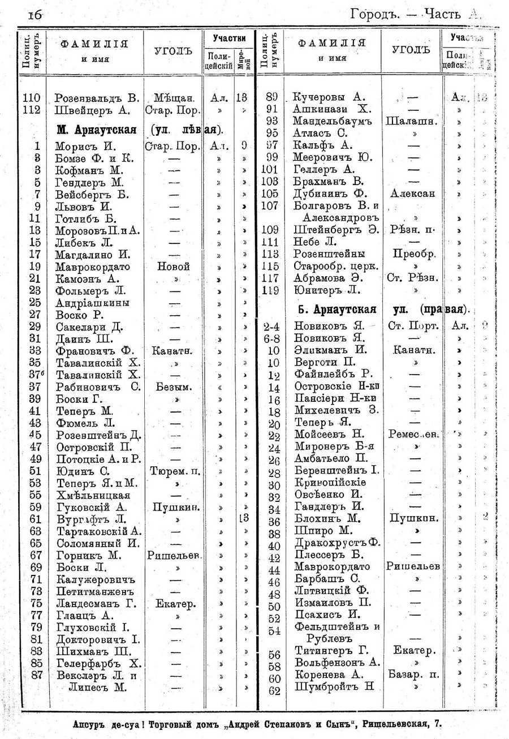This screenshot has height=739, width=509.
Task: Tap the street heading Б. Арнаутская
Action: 335,310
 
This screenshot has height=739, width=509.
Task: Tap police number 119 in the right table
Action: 271,291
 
